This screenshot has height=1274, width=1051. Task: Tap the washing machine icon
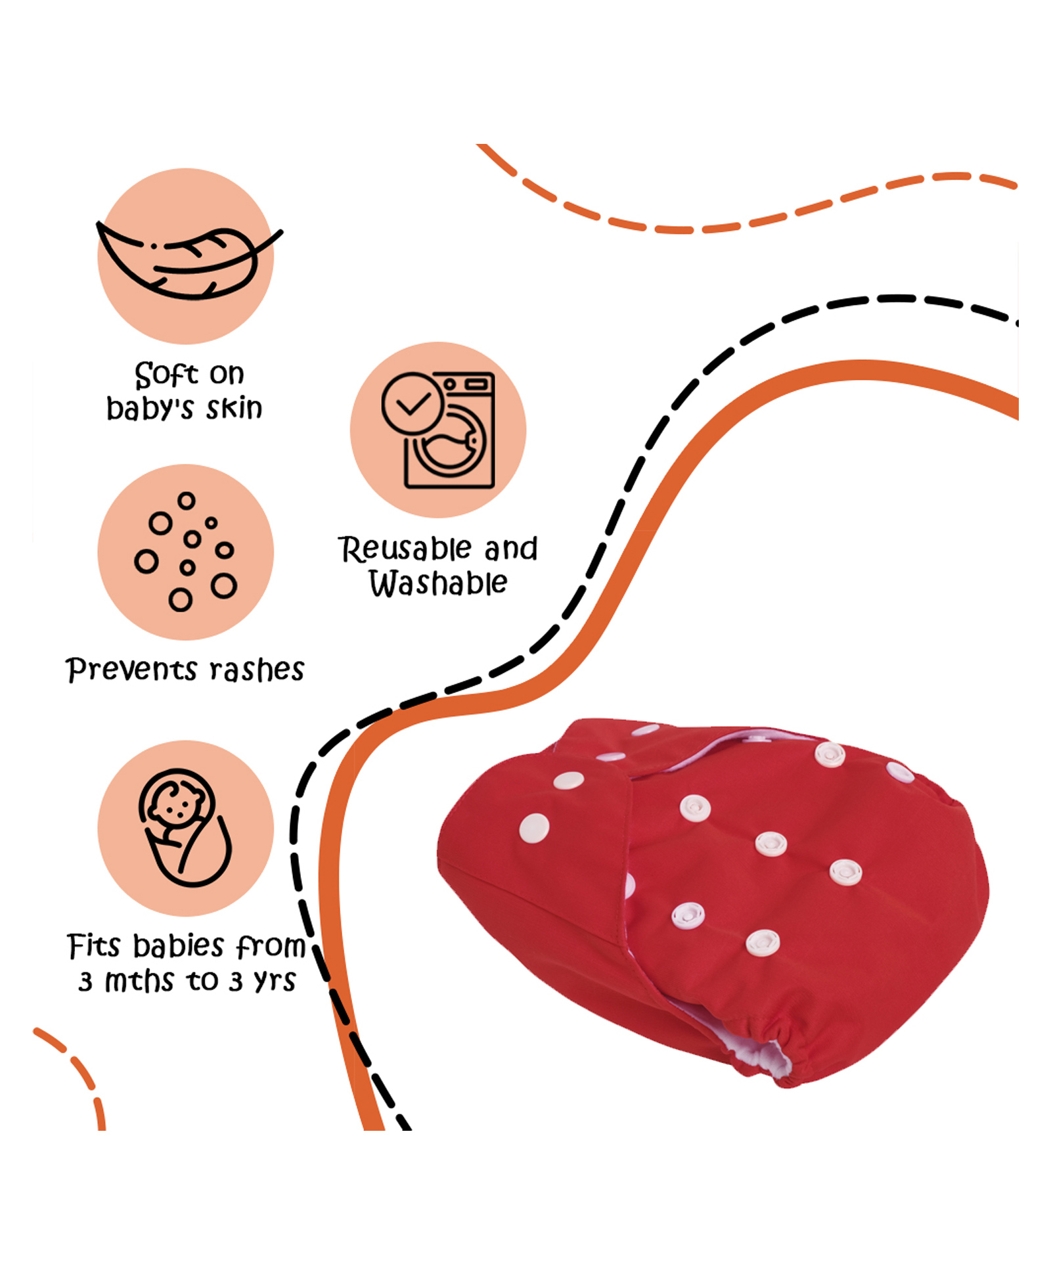point(439,430)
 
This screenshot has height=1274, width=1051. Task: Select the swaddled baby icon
point(185,827)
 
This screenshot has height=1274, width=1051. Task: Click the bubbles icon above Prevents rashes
point(186,552)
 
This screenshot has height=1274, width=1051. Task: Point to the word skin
point(234,408)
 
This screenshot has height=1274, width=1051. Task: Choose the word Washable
point(438,583)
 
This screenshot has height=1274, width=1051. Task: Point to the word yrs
point(275,981)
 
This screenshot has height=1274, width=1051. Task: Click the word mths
point(139,981)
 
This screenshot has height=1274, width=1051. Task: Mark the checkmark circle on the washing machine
point(412,403)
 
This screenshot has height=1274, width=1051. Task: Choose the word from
point(271,947)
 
